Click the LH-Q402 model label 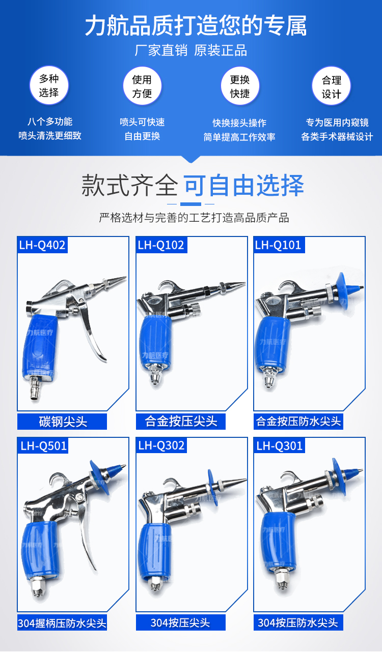(42, 245)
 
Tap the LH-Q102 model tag (161, 245)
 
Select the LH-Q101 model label (279, 245)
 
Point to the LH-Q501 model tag (43, 445)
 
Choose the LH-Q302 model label (161, 445)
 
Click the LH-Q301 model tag (279, 445)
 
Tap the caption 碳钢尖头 (62, 422)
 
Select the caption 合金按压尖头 (181, 422)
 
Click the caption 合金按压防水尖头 (298, 422)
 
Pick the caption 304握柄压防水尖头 (62, 622)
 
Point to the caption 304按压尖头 (181, 622)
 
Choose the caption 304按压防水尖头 (298, 622)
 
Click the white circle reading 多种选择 (49, 85)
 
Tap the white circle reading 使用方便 (142, 86)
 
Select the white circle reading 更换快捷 (240, 86)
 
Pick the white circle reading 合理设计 (331, 86)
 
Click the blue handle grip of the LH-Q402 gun (40, 348)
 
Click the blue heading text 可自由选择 (244, 186)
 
